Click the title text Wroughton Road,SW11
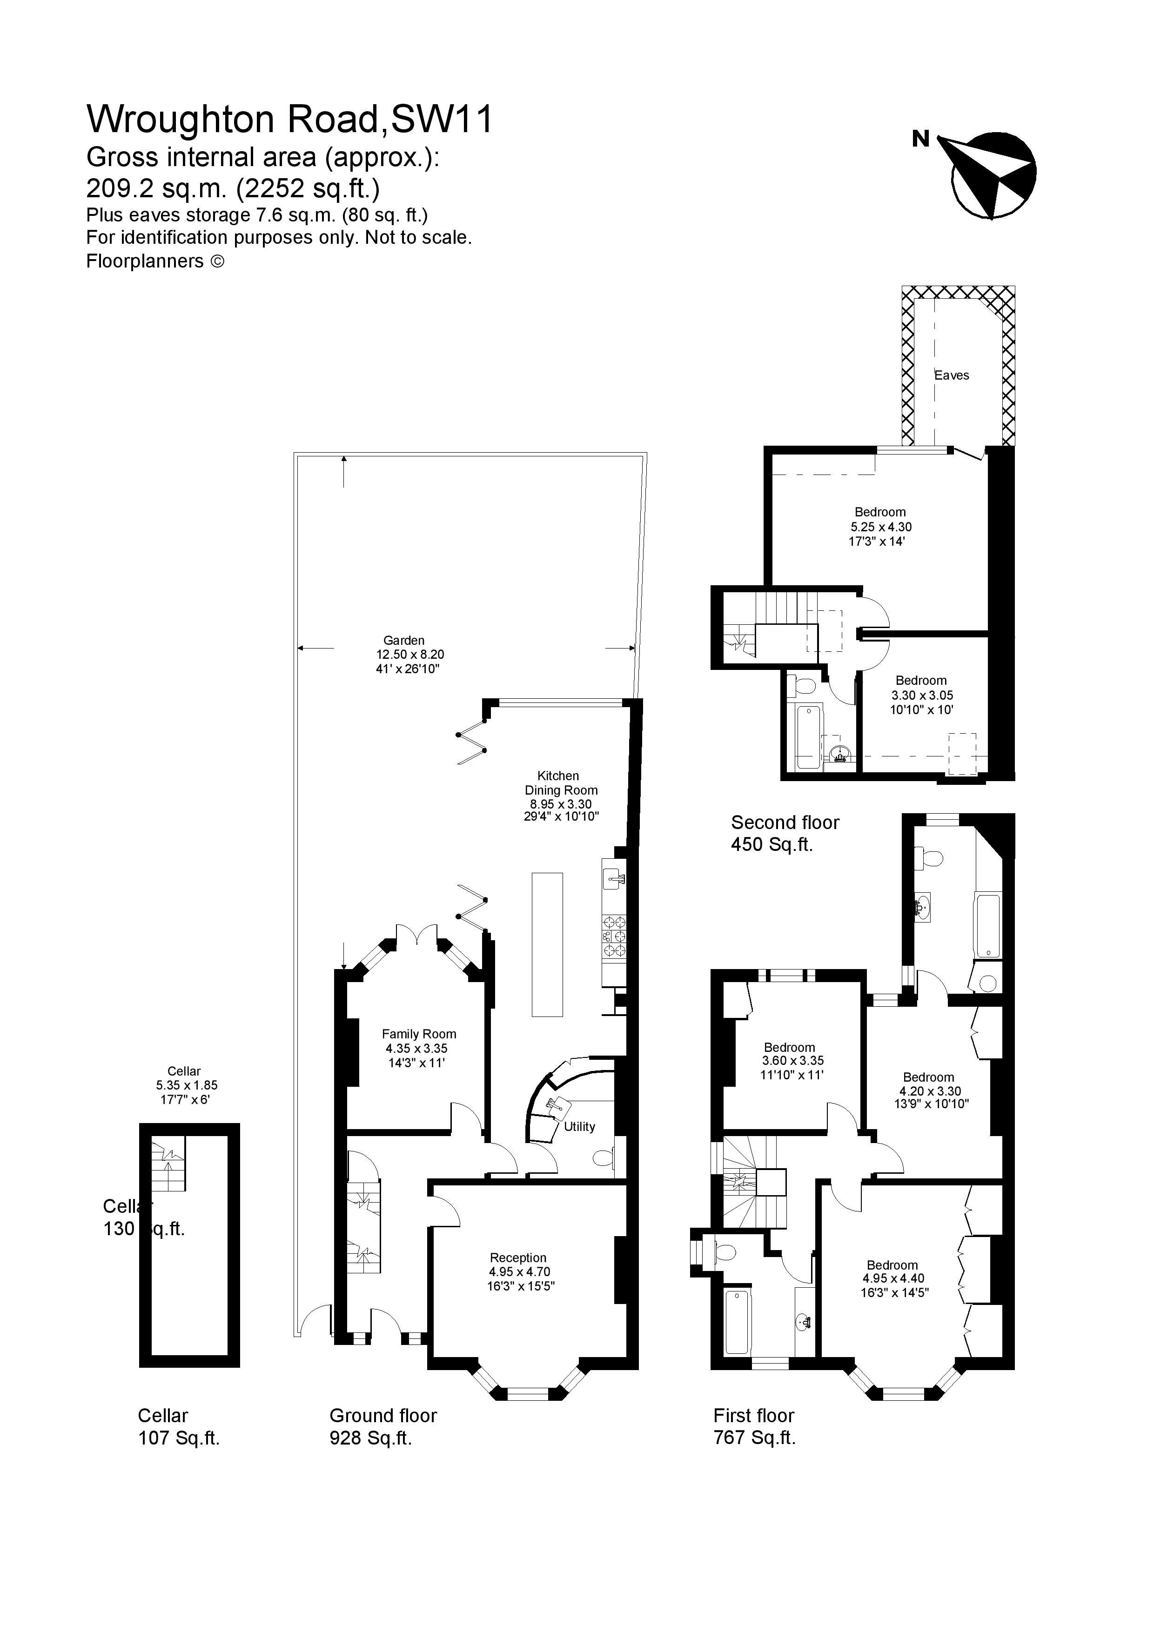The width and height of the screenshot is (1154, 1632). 289,119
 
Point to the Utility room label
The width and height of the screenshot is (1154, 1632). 579,1127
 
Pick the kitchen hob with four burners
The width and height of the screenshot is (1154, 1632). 614,936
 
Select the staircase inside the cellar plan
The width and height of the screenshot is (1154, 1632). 168,1164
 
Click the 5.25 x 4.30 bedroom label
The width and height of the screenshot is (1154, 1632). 880,527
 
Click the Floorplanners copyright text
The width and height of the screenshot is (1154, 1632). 155,261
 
